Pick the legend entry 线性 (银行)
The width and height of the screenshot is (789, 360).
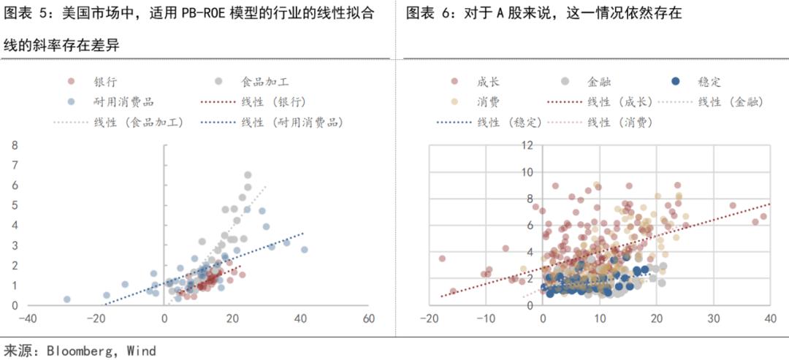(273, 102)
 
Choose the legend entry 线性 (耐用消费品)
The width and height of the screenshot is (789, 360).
(292, 121)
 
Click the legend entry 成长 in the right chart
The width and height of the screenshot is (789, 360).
(487, 82)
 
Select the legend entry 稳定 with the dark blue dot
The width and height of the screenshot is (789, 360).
(709, 82)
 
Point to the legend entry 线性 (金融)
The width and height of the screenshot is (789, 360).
(731, 102)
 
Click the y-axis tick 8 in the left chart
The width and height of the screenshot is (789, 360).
(15, 145)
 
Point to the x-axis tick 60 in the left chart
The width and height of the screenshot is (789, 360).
(368, 319)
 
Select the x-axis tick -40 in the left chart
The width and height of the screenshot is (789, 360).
(28, 319)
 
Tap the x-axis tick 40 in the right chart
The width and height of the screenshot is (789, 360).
(769, 319)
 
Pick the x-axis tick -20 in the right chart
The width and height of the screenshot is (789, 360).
(430, 319)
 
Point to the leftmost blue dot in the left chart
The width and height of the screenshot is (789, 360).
(66, 299)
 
